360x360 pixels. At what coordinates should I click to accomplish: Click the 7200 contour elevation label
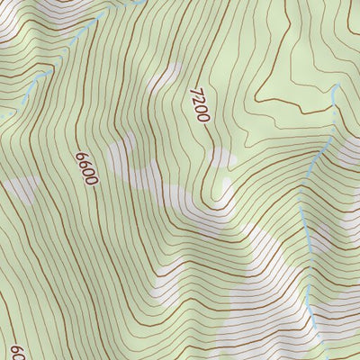click(199, 106)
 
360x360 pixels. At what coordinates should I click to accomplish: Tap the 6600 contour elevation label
click(86, 167)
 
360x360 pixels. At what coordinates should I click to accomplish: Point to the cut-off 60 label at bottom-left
click(16, 350)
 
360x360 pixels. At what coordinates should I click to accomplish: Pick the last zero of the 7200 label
click(202, 119)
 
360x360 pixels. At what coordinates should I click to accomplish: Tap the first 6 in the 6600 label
click(81, 155)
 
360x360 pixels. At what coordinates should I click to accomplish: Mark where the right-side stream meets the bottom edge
click(319, 358)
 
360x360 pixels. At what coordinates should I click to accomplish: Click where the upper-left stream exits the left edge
click(2, 115)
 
